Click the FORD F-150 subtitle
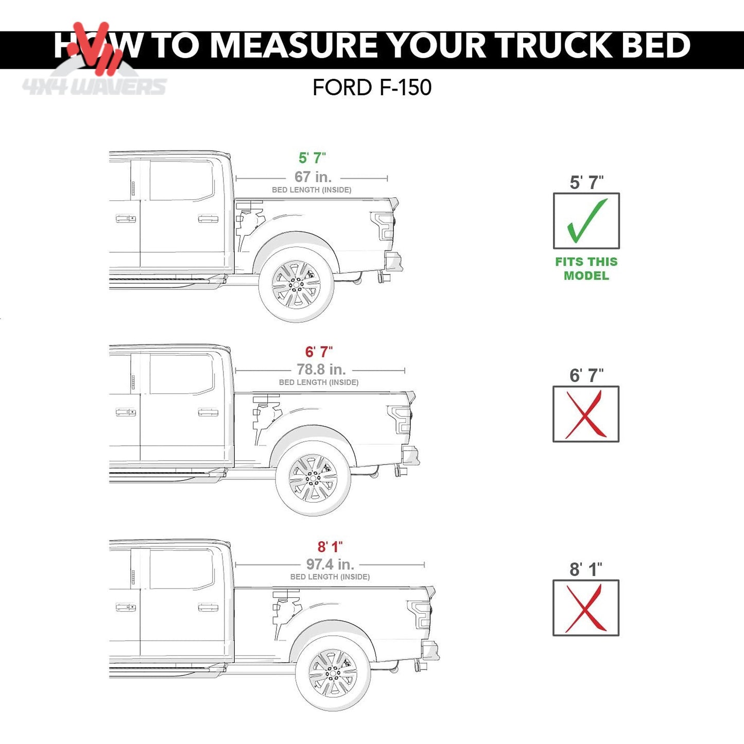(x=372, y=88)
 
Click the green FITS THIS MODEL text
(x=586, y=269)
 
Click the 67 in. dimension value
(x=313, y=177)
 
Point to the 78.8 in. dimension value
(x=321, y=370)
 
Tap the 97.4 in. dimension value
(x=331, y=564)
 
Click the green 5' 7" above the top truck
(x=313, y=158)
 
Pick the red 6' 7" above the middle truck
(x=319, y=352)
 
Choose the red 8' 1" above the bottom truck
(x=330, y=547)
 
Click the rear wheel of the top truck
(x=296, y=285)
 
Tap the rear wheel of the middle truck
(x=313, y=478)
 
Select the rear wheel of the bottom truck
(x=333, y=674)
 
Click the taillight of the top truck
(x=383, y=226)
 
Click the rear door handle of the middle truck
(x=208, y=412)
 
